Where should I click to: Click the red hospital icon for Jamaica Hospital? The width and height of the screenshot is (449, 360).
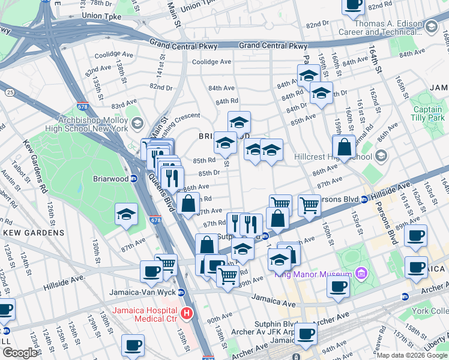[x=187, y=313]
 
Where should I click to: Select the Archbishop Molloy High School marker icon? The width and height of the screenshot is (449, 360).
[x=137, y=124]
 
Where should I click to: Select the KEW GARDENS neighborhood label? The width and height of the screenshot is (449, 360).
[x=34, y=232]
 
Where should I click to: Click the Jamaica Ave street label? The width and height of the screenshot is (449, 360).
[x=275, y=298]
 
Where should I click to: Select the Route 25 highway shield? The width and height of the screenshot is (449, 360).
[x=11, y=92]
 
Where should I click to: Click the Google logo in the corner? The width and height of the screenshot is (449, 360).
[x=20, y=353]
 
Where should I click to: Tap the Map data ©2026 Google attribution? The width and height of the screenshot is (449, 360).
[x=412, y=355]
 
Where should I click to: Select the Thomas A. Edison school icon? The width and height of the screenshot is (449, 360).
[x=431, y=26]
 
